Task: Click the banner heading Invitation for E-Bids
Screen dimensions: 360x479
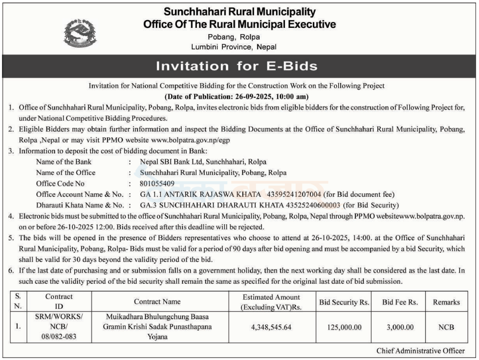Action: pos(237,66)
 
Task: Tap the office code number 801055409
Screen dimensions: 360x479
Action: pos(157,183)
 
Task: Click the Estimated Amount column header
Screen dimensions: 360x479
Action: pos(271,302)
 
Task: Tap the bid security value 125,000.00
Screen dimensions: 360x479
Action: pos(344,327)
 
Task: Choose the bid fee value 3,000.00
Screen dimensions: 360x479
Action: pos(400,327)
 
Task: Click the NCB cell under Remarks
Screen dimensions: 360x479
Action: pos(446,327)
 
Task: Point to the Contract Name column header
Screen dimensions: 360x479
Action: pos(157,302)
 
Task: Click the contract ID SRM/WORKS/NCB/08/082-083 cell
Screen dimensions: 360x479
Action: pos(59,326)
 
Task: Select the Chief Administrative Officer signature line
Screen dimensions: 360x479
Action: pos(421,351)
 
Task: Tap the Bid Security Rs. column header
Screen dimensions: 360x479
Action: pos(344,302)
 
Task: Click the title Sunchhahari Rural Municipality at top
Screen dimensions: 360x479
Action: pos(239,12)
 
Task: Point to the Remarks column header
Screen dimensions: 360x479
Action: pos(446,302)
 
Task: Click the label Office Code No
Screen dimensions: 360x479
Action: pos(60,183)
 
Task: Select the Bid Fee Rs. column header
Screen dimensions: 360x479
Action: pos(400,302)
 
